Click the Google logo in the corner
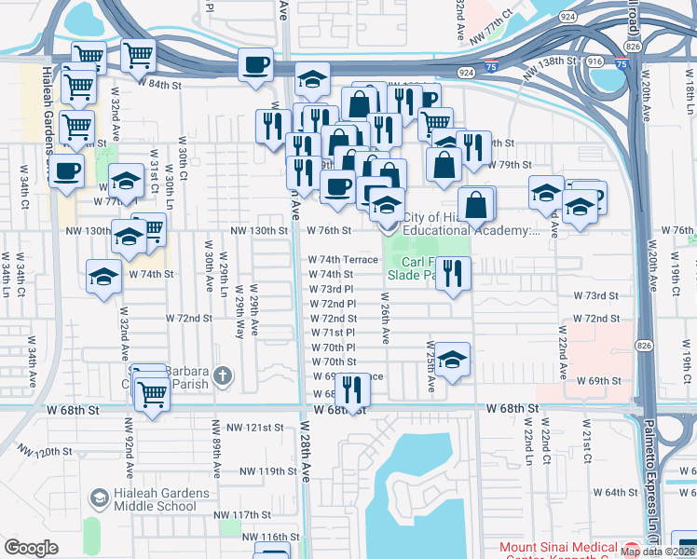tap(31, 548)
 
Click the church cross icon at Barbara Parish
tap(222, 375)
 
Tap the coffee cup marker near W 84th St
tap(255, 65)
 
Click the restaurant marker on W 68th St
tap(350, 389)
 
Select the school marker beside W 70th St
tap(452, 361)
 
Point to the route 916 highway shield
tap(593, 61)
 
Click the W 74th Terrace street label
tap(343, 260)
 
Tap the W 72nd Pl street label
tap(333, 304)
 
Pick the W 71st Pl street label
tap(333, 332)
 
